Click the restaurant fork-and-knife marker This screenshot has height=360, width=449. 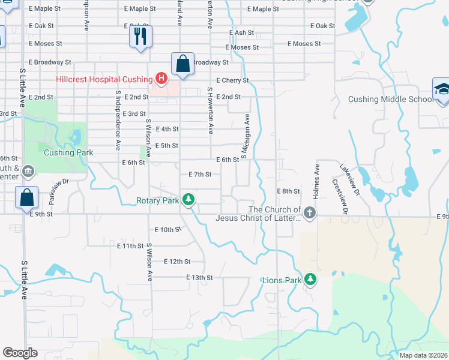(140, 37)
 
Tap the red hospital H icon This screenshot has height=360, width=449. (161, 78)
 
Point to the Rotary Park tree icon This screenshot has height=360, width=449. (189, 199)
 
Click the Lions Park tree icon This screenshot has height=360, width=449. (310, 279)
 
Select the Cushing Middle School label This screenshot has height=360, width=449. (389, 99)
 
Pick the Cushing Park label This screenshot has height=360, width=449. (68, 152)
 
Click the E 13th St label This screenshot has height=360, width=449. (200, 277)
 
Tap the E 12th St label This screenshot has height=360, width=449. (176, 262)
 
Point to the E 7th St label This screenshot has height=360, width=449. (200, 174)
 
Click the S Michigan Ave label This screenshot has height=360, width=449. (245, 137)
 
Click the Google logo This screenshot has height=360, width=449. (20, 353)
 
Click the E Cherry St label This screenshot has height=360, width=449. (232, 80)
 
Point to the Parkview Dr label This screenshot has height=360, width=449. (59, 188)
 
